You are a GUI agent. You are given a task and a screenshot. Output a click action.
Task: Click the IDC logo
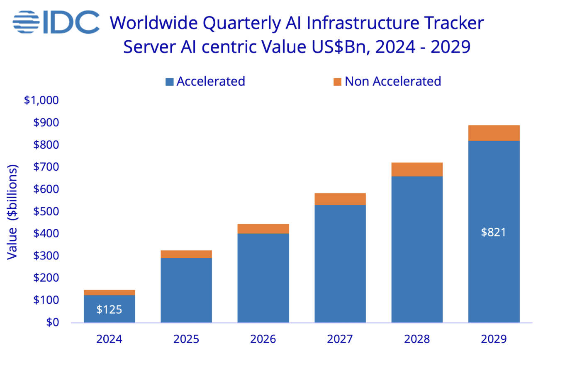[56, 22]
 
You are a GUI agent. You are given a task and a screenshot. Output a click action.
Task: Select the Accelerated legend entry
[205, 82]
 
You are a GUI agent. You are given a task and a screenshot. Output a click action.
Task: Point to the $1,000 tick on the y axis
[41, 100]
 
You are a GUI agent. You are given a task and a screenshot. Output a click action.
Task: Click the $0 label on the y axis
[52, 322]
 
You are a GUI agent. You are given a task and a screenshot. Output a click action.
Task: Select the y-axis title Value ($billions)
[12, 212]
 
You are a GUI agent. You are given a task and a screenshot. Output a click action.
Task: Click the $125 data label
[109, 309]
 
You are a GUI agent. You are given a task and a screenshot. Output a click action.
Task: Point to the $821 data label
[493, 232]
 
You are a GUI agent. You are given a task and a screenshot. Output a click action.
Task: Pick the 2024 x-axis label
[109, 339]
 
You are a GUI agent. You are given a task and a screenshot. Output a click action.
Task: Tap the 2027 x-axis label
[340, 339]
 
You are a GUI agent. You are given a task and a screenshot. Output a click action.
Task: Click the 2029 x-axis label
[494, 339]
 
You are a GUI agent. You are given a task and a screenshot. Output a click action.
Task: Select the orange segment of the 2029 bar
[494, 133]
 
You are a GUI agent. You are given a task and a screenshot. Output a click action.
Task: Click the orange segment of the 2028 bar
[417, 169]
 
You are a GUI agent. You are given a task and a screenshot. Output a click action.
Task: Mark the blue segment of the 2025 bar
[186, 290]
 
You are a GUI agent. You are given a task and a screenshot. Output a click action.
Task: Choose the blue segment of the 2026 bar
[263, 278]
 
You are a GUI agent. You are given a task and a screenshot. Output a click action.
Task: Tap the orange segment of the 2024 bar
[109, 293]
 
